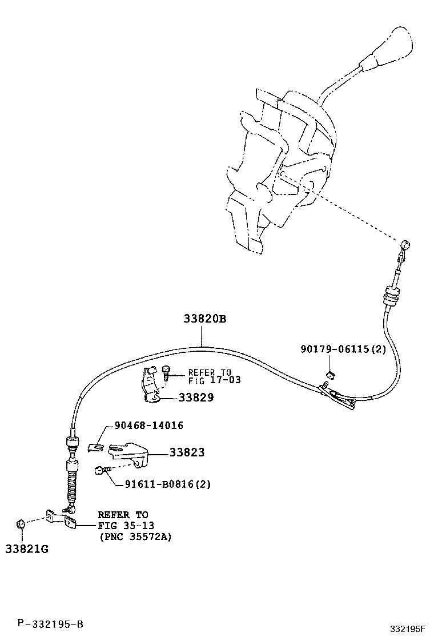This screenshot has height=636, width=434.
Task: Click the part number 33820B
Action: click(x=204, y=319)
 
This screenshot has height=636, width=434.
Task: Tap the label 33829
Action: click(x=195, y=397)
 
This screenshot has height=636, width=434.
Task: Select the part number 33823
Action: click(x=187, y=452)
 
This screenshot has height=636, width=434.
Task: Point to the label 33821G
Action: click(x=26, y=549)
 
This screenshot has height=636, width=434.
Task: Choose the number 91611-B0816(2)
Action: click(x=167, y=484)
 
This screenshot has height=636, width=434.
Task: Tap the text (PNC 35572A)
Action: click(x=135, y=536)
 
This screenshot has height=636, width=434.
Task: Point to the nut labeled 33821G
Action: click(x=20, y=523)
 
